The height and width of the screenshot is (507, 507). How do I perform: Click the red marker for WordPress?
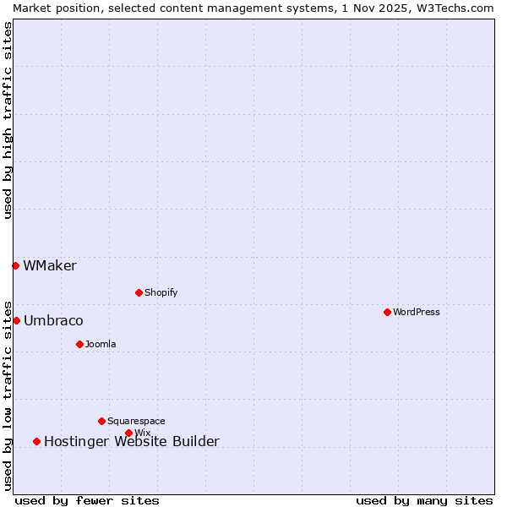[x=387, y=312]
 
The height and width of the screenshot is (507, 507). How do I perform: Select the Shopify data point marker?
[x=139, y=292]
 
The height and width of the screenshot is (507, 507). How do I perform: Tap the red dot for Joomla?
[x=79, y=344]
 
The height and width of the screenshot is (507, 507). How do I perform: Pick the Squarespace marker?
[x=101, y=421]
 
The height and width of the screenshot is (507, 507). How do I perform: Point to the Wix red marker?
[x=128, y=433]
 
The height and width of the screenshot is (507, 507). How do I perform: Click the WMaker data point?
[x=15, y=265]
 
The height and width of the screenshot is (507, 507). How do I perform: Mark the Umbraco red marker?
[x=16, y=320]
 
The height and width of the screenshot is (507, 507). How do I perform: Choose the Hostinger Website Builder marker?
[x=36, y=441]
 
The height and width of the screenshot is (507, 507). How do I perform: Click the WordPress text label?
[x=417, y=312]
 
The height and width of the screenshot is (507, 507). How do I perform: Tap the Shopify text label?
[x=161, y=292]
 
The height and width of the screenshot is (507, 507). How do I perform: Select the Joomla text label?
[x=101, y=344]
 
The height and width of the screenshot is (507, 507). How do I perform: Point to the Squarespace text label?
[x=136, y=421]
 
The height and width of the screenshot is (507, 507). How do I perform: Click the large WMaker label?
[x=50, y=266]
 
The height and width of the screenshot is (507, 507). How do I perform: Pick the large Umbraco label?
[x=53, y=321]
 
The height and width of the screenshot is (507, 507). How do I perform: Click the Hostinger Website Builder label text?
[x=131, y=441]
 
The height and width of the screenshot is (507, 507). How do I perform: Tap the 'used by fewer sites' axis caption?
[x=87, y=500]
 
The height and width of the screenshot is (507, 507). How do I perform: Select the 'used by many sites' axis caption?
[x=424, y=500]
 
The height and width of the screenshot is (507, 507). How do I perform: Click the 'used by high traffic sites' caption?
[x=8, y=120]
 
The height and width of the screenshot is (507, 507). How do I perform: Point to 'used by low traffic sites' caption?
[x=8, y=394]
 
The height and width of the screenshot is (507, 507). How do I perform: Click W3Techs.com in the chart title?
[x=451, y=8]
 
